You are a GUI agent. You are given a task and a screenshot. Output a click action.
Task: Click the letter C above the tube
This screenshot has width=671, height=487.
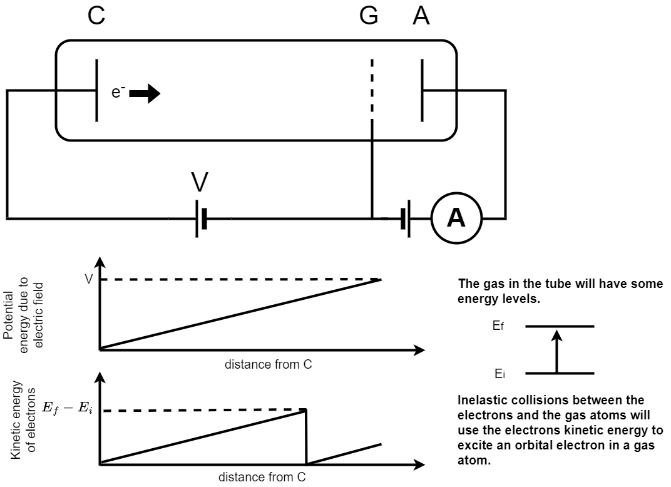pos(96,16)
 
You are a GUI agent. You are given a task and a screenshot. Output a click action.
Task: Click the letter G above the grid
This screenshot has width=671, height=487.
pos(369,16)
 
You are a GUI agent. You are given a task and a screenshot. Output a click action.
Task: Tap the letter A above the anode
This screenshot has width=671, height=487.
pos(421,16)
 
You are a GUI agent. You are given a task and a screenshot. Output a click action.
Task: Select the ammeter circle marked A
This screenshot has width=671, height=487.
pos(456,218)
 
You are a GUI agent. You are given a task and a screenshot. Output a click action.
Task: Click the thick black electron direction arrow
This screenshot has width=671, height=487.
pos(145,94)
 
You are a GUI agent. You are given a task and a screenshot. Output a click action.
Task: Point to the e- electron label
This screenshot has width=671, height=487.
pos(119,93)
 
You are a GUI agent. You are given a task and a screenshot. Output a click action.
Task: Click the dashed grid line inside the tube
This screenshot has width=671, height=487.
pos(372,88)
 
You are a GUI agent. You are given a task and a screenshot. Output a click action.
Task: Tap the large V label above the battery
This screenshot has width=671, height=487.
pos(200,182)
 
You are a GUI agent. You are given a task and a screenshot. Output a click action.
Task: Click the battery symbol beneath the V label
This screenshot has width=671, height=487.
pos(200,218)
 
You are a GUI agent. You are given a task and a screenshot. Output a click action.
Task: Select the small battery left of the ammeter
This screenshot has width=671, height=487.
pos(406,218)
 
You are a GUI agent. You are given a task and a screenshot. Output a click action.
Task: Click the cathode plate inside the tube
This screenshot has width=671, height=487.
pos(96,90)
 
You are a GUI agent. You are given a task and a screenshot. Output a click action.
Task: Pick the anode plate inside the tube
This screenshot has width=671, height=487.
pos(422,90)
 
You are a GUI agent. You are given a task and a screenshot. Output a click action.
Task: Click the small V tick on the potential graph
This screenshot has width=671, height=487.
pos(88,279)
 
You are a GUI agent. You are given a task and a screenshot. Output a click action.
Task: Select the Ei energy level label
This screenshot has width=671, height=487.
pos(499,374)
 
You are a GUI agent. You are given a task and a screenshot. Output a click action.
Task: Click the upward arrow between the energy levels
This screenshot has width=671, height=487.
pos(557,351)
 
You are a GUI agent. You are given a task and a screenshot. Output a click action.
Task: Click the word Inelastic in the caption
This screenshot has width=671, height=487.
pos(483,400)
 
